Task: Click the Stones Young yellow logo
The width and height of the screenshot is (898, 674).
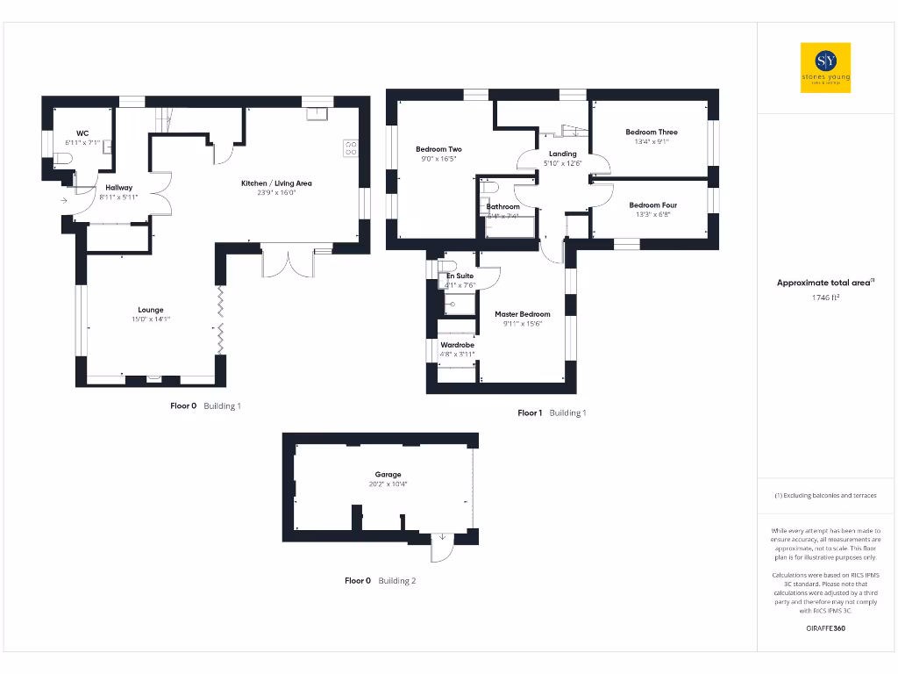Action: point(825,68)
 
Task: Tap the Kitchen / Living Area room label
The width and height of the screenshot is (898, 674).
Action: point(276,183)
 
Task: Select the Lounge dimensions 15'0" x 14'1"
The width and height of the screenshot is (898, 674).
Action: point(150,319)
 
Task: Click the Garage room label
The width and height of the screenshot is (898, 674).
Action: point(388,474)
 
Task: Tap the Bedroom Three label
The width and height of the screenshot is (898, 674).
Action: point(651,132)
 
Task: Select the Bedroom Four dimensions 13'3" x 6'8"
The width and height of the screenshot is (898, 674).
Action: point(652,215)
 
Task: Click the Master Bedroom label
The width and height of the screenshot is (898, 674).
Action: point(522,313)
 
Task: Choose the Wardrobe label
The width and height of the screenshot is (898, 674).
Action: point(457,345)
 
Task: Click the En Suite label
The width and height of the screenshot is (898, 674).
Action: point(460,276)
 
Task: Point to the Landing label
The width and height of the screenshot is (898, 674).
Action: point(562,154)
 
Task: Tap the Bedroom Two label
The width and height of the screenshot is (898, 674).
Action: point(438,149)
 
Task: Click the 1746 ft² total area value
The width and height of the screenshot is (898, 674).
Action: point(825,298)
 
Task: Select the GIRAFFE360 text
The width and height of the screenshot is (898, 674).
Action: point(825,628)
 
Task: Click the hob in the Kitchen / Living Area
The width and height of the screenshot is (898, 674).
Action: point(352,147)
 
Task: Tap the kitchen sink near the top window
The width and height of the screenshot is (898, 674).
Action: point(316,113)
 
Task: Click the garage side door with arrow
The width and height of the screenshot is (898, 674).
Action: point(441,549)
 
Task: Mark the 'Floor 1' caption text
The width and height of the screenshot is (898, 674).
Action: point(530,412)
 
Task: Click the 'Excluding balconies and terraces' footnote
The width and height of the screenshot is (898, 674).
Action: point(825,496)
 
